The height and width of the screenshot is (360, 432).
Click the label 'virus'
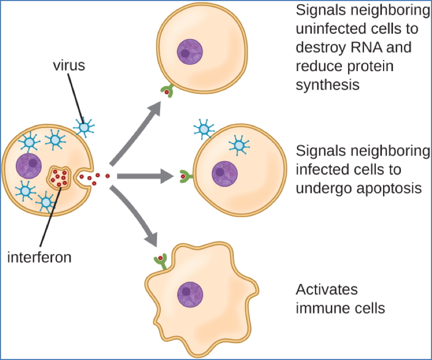coord(68,67)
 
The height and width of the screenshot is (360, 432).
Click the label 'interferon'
coord(39,258)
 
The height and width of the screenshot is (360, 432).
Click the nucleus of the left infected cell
coord(30,166)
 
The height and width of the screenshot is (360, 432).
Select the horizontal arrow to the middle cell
coord(145,177)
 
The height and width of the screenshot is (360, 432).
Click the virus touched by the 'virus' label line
coord(83,127)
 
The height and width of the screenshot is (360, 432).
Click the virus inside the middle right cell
coord(240,145)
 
